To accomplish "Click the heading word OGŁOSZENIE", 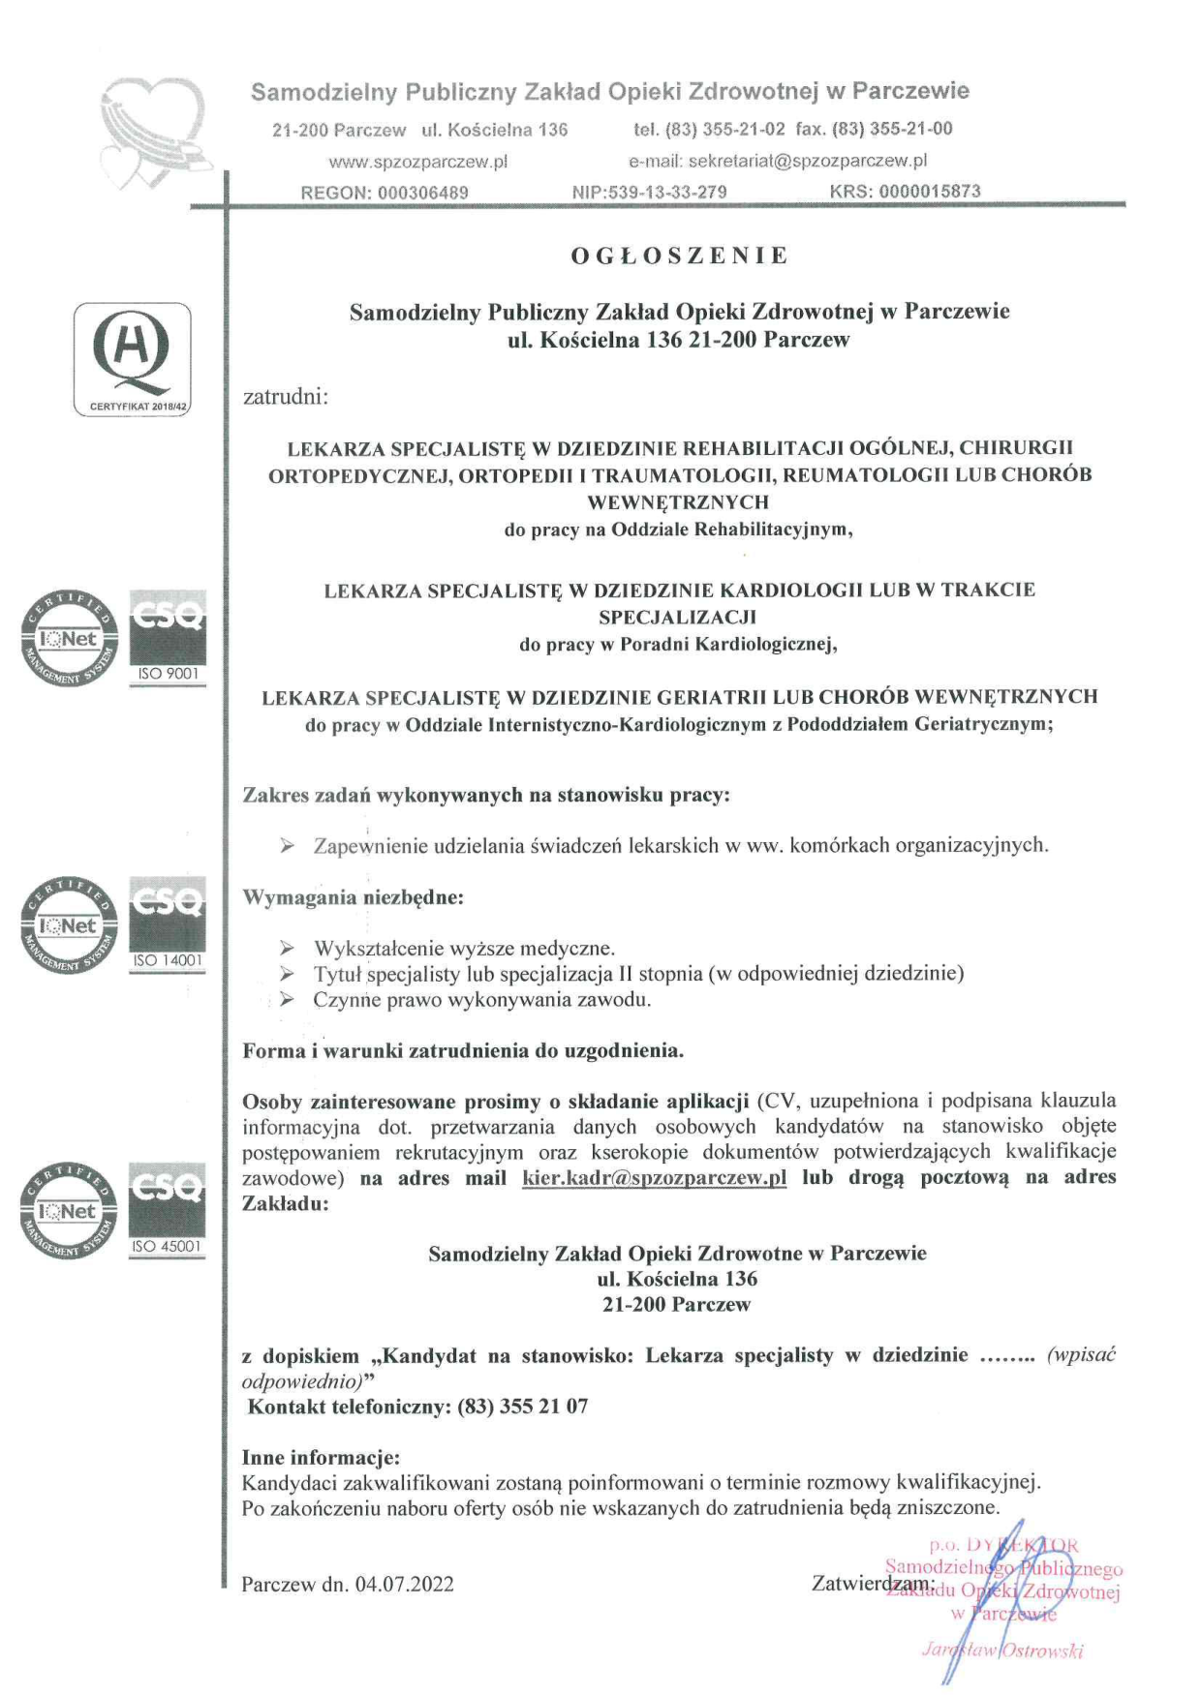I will click(x=680, y=257).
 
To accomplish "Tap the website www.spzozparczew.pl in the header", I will click(x=418, y=162).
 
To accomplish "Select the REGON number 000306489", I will click(x=423, y=193).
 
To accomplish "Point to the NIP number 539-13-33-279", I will click(x=663, y=192).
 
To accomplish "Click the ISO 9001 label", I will click(x=168, y=674).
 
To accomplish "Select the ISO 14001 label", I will click(x=168, y=960).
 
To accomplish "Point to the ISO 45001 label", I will click(x=168, y=1247).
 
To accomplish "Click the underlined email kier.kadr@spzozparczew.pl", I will click(x=654, y=1178).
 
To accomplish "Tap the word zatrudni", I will click(x=286, y=397).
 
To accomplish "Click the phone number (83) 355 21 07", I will click(x=523, y=1407).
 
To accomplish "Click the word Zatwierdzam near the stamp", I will click(x=869, y=1584).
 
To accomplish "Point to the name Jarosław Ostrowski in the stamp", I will click(x=1001, y=1651).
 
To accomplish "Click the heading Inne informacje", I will click(x=321, y=1458).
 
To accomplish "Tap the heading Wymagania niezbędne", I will click(x=353, y=897).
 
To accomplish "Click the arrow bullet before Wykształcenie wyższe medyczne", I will click(x=287, y=949).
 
